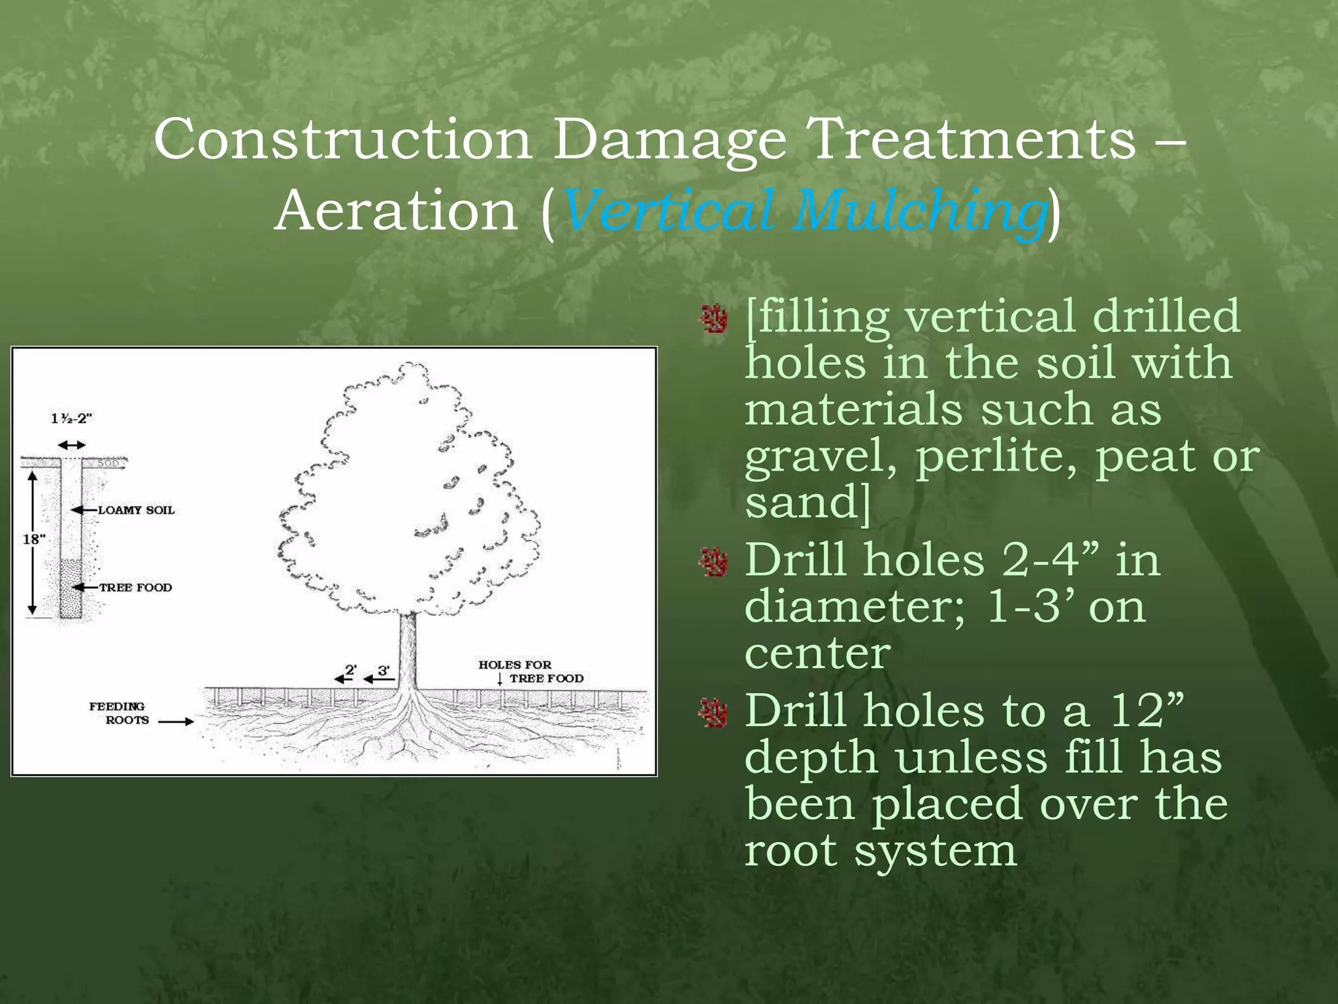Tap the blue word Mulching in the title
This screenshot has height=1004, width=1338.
tap(918, 211)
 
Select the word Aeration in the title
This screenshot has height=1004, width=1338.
tap(396, 211)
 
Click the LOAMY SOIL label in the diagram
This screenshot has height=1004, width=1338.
tap(137, 510)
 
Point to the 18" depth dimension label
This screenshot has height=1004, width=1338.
tap(35, 539)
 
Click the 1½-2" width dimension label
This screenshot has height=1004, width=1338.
tap(72, 418)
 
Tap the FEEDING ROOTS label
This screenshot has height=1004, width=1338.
tap(118, 713)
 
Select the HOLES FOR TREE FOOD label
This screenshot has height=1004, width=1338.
tap(529, 671)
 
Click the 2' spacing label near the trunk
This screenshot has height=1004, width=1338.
tap(351, 670)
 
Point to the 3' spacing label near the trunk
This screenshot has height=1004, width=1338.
tap(383, 670)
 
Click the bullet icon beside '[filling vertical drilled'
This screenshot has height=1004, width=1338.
tap(713, 318)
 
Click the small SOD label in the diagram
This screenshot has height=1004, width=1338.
tap(108, 463)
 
